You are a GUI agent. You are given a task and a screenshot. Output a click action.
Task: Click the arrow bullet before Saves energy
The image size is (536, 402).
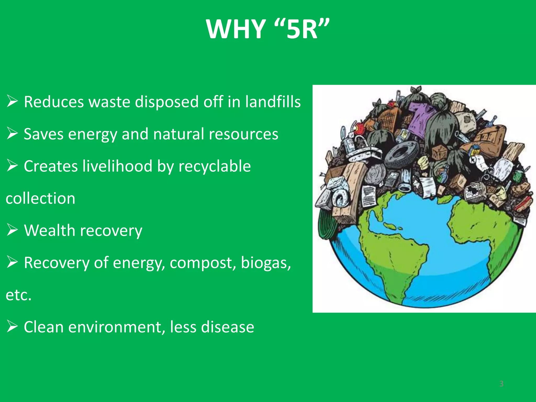[x=12, y=133]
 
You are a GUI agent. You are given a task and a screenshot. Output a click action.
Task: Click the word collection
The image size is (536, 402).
[x=41, y=198]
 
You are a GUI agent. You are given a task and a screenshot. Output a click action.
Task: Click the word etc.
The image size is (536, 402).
[x=19, y=295]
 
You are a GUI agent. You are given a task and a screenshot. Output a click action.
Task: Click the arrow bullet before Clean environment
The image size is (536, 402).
[x=12, y=327]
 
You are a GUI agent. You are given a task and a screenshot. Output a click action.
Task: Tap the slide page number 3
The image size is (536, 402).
[x=501, y=384]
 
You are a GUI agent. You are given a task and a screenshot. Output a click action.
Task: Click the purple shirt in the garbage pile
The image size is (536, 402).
[x=419, y=118]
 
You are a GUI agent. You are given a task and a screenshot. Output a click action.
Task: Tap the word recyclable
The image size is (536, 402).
[x=214, y=166]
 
